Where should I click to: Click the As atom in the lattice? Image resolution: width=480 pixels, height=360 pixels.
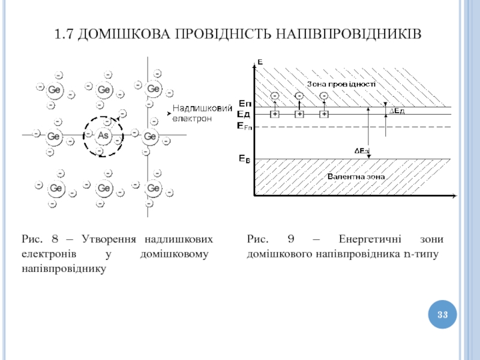coord(103,136)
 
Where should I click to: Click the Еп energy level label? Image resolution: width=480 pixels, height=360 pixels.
coord(244,104)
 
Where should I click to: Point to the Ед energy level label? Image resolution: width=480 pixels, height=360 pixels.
coord(244,114)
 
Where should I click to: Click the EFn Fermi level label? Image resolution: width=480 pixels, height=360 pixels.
coord(245,126)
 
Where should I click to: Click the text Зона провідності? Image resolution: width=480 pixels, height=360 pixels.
coord(341,84)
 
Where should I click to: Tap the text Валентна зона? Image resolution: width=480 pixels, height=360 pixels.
coord(355,176)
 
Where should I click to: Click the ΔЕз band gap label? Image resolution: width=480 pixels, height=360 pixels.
coord(361,151)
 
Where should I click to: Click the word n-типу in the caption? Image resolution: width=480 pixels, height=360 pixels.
coord(421,254)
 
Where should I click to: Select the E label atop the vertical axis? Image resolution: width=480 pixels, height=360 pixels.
coord(260,61)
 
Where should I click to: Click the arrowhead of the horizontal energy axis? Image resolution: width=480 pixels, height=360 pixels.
coord(455,196)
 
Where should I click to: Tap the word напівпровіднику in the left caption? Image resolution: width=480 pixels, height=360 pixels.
coord(64,268)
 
